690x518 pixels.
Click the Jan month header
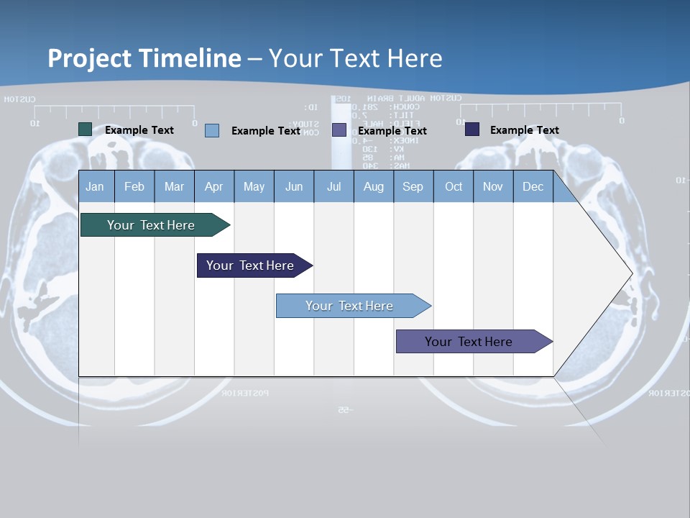point(96,186)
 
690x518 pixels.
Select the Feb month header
point(134,186)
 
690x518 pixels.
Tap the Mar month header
point(174,186)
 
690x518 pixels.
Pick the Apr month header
point(214,186)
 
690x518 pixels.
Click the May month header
point(254,186)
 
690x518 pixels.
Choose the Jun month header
point(294,186)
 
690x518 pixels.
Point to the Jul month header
point(333,186)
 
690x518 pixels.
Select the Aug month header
point(374,186)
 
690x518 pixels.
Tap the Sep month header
point(413,186)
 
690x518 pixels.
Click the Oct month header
point(454,186)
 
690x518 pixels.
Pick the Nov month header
point(493,186)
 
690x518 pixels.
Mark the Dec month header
point(533,186)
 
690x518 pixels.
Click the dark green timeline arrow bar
point(152,225)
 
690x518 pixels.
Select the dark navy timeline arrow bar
point(251,265)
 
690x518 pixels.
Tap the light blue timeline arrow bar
point(350,306)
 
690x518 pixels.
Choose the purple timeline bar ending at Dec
point(469,342)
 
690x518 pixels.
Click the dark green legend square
point(86,129)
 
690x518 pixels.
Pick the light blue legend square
point(212,130)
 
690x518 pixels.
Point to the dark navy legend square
point(472,129)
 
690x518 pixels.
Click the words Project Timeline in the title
point(144,58)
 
